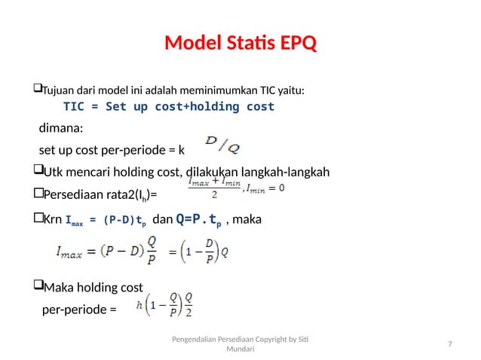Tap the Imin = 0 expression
[265, 188]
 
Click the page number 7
[449, 344]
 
